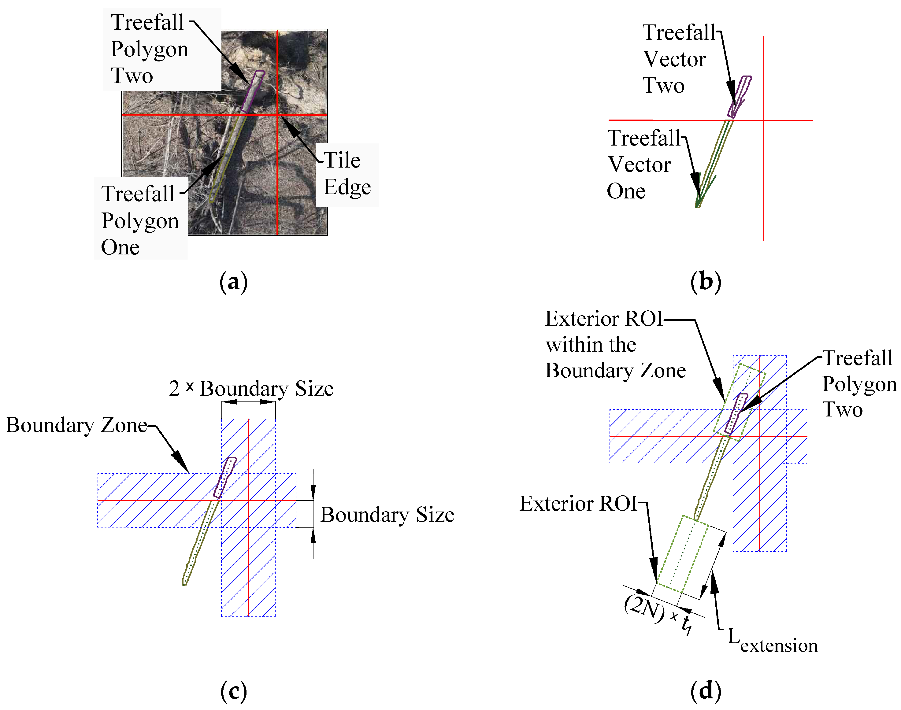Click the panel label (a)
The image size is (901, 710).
pyautogui.click(x=233, y=282)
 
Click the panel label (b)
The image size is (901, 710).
pyautogui.click(x=705, y=282)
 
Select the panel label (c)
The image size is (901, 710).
pyautogui.click(x=233, y=691)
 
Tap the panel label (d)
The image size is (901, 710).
pyautogui.click(x=705, y=691)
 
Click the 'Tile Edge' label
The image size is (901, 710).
pyautogui.click(x=347, y=174)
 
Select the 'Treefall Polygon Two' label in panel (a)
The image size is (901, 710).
pyautogui.click(x=149, y=49)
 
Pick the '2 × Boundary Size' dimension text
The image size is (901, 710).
pyautogui.click(x=251, y=389)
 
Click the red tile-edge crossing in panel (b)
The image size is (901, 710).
pyautogui.click(x=763, y=120)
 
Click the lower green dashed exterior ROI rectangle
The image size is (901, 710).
pyautogui.click(x=683, y=553)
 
